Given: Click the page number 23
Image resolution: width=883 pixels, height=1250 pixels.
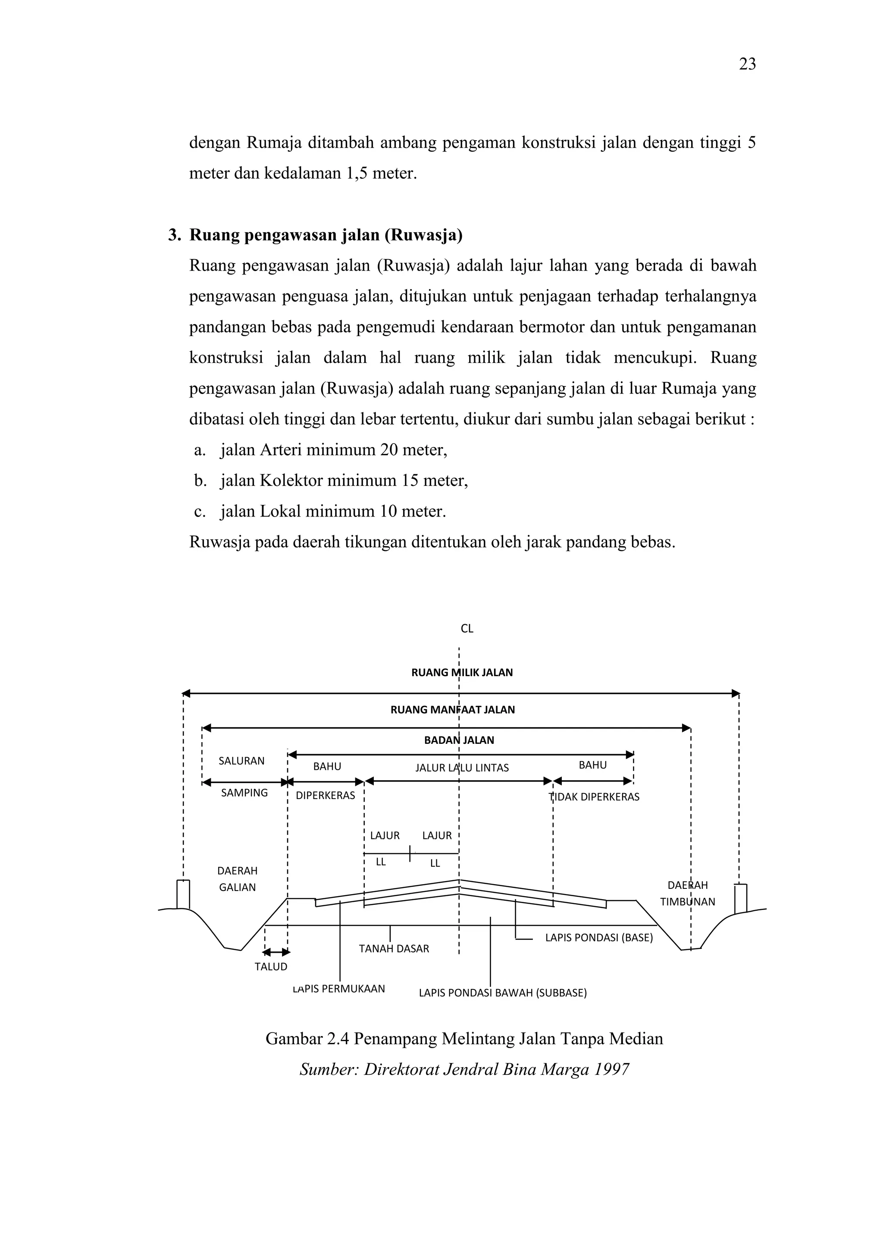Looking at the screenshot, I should click(x=747, y=64).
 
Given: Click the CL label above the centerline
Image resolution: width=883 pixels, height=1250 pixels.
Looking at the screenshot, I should click(x=467, y=628).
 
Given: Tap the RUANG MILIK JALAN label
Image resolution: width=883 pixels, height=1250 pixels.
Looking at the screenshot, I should click(x=462, y=672).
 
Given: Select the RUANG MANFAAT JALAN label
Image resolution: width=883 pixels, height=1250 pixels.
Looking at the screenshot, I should click(x=453, y=709).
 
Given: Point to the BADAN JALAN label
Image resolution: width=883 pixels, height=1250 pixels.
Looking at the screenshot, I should click(x=459, y=740).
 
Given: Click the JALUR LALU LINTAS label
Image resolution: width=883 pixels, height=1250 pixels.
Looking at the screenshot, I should click(x=462, y=768).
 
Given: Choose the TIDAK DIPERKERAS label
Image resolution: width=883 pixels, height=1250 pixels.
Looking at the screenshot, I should click(x=594, y=797).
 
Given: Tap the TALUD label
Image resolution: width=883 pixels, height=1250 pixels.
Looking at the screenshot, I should click(x=271, y=967).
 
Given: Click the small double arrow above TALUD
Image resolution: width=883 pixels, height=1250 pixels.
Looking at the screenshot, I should click(x=276, y=952).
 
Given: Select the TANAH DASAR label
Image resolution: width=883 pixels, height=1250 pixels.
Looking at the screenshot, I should click(x=394, y=948).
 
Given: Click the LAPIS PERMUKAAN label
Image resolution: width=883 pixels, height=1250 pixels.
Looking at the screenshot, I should click(x=339, y=989).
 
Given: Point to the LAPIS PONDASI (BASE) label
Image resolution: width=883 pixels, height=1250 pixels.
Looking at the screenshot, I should click(x=599, y=938).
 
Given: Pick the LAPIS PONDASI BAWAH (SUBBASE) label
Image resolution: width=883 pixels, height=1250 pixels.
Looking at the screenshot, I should click(x=503, y=992).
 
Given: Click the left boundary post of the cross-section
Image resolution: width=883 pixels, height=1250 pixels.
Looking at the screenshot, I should click(x=183, y=894).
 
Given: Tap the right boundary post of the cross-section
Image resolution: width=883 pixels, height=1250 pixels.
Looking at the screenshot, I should click(x=740, y=898).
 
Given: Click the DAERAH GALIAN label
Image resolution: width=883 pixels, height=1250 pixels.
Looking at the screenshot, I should click(x=237, y=878).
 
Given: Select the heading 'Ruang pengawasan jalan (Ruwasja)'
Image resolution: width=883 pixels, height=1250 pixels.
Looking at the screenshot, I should click(x=326, y=235).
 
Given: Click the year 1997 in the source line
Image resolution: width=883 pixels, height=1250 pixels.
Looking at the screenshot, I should click(x=611, y=1069).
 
